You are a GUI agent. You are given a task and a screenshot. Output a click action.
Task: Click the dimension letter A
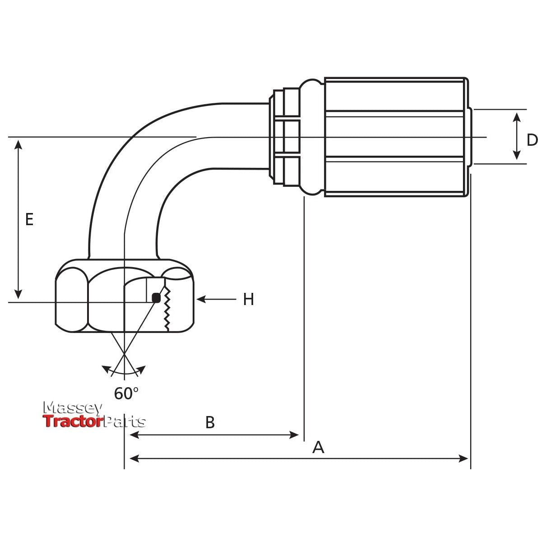(319, 447)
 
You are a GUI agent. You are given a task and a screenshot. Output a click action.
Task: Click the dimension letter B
(210, 423)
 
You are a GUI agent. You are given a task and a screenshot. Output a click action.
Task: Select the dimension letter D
(532, 140)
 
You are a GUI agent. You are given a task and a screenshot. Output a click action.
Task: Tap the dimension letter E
(29, 220)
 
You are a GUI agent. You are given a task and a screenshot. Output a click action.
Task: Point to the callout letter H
(248, 299)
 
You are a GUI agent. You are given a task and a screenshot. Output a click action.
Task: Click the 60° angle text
(126, 393)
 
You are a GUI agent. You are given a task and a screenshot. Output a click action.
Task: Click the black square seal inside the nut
(156, 298)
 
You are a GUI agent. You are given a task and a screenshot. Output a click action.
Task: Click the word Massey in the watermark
(72, 408)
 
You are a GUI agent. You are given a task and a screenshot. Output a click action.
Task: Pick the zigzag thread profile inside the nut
(167, 309)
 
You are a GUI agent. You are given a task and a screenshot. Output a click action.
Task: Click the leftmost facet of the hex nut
(71, 299)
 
